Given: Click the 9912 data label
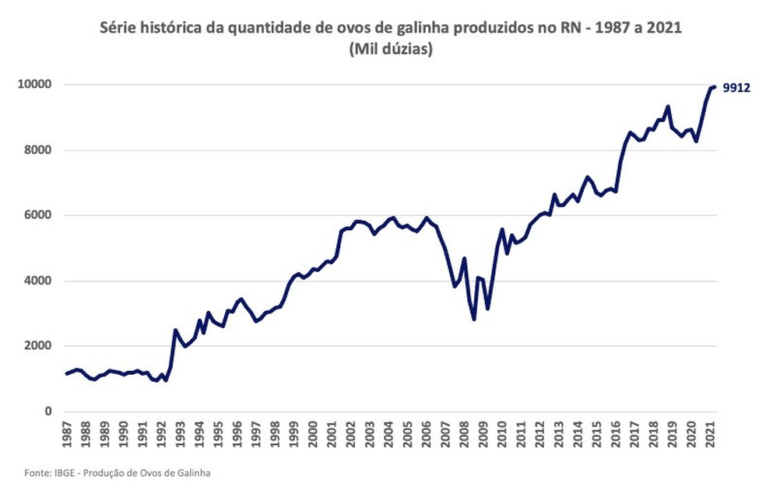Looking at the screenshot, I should [x=736, y=88].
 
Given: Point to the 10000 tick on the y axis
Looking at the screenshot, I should [x=35, y=84].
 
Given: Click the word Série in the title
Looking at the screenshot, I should [x=118, y=28].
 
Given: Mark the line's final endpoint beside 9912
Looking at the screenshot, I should [x=715, y=86].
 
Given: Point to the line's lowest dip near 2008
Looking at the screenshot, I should [x=474, y=319].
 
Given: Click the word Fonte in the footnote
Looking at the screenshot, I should [x=33, y=472].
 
